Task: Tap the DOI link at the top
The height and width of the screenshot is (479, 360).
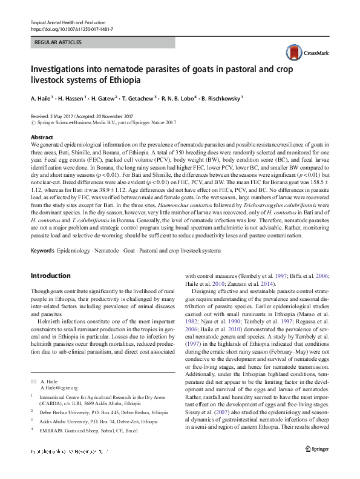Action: coord(71,28)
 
